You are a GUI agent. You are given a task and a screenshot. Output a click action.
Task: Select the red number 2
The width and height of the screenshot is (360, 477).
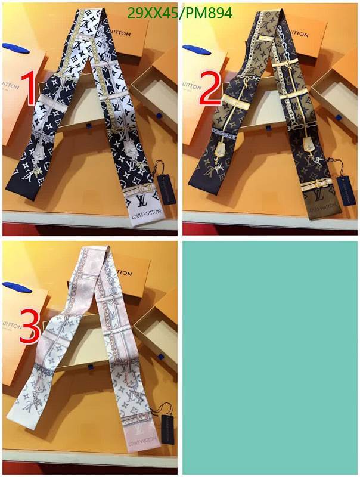pos(210,89)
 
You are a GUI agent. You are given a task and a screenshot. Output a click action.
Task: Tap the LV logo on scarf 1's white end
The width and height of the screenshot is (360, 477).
pos(142,200)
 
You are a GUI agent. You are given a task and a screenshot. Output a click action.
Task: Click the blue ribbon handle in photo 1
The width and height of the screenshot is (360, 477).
pos(13,48)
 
